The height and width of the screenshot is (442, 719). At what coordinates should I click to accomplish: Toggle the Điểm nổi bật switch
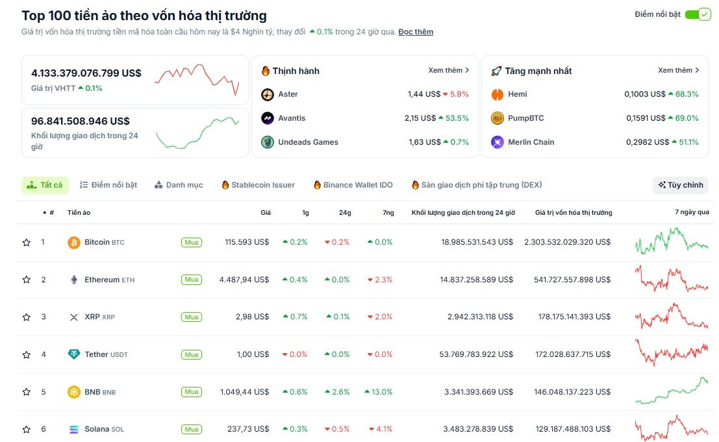point(698,14)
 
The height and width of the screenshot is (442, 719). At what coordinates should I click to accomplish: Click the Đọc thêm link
point(416,32)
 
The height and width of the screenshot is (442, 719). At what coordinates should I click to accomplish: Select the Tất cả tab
point(45,185)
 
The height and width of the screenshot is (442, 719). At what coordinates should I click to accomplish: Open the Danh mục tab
point(179,185)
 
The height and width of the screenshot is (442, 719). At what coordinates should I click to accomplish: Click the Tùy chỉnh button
point(680,185)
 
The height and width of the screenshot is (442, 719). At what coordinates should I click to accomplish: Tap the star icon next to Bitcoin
point(27,242)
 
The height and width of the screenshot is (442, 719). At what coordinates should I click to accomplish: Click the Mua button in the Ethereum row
point(191,280)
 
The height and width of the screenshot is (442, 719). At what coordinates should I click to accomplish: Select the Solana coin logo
point(74,429)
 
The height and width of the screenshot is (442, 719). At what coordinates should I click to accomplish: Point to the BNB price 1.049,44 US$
point(244,392)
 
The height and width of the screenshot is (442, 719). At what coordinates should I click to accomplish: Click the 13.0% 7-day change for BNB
point(379,392)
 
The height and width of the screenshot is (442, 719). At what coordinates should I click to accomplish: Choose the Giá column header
point(266,212)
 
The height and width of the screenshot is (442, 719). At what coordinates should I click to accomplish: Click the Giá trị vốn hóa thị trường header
point(573,212)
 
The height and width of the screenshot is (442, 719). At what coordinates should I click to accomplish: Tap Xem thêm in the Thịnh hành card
point(448,70)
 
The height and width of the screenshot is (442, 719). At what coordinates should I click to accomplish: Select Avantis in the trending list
point(292,118)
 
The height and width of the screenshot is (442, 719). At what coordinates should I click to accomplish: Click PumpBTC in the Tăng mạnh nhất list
point(525,118)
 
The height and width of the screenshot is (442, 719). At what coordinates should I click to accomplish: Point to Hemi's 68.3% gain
point(683,94)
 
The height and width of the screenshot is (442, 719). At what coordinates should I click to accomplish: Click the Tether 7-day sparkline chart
point(672,354)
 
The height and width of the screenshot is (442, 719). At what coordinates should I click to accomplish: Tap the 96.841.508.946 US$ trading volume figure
point(80,121)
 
